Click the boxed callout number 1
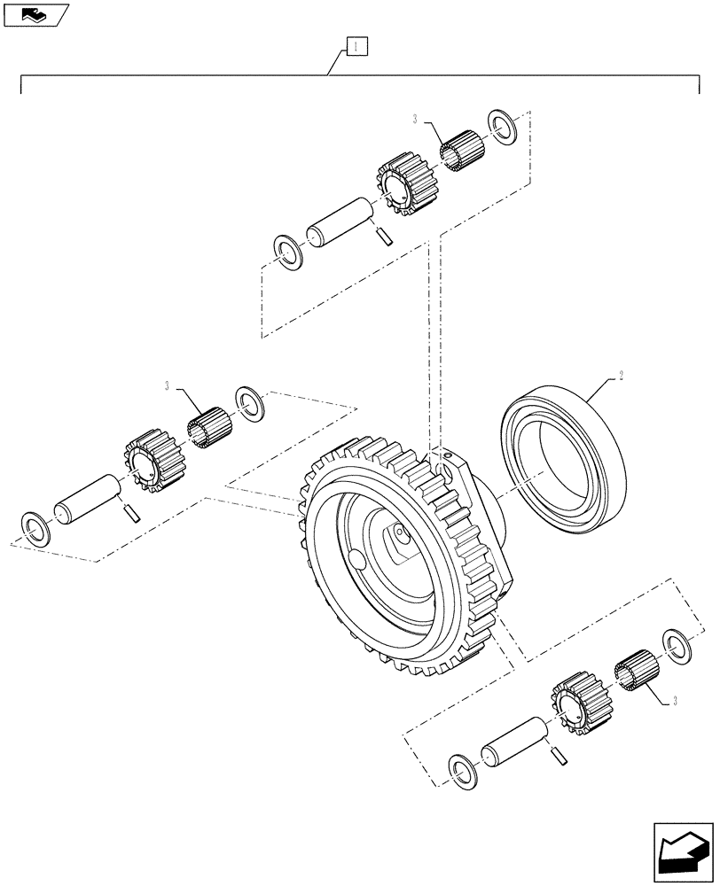355,44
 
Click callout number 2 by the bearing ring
621,375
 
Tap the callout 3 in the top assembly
415,119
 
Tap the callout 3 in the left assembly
166,385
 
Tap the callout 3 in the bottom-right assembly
676,703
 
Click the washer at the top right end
502,128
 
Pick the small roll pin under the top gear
383,236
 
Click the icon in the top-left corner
35,14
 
